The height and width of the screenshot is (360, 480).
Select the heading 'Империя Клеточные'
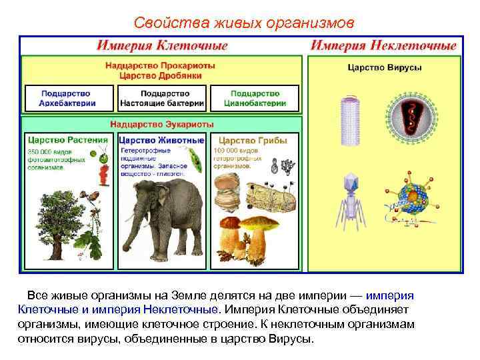pos(163,46)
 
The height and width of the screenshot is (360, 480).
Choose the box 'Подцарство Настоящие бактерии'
pos(162,99)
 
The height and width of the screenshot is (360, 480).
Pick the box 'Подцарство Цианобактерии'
pos(255,99)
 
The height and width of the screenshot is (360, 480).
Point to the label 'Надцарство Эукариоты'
pos(162,125)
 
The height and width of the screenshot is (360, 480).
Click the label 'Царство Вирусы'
pos(385,68)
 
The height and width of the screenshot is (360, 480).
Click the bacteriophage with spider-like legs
pos(349,197)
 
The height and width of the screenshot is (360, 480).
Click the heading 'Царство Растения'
pos(67,140)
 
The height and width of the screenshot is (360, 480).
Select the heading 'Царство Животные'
pos(161,141)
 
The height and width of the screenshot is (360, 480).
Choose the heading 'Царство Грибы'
pos(253,141)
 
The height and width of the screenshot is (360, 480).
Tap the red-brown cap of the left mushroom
pos(230,223)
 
